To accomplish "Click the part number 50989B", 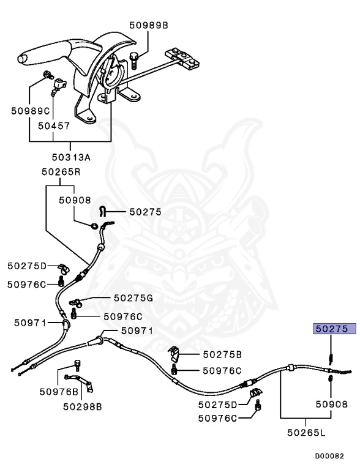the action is click(x=149, y=25).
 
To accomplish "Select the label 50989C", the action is click(x=30, y=111).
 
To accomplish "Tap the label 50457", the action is click(x=54, y=126).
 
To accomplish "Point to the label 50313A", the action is click(x=71, y=157).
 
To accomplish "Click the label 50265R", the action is click(x=61, y=172).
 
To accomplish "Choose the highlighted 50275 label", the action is click(x=334, y=329).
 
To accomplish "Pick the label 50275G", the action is click(x=133, y=298).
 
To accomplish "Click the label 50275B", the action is click(x=222, y=354).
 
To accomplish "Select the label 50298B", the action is click(x=83, y=407).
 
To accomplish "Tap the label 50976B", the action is click(x=59, y=392).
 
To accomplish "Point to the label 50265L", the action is click(x=306, y=433).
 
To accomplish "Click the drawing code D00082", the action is click(x=329, y=456).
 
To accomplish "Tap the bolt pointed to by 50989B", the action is click(x=133, y=61).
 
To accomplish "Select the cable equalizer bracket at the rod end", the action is click(x=182, y=58).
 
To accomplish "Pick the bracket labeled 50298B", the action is click(x=79, y=382).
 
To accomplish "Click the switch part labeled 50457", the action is click(x=59, y=86).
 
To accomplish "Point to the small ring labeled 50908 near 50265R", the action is click(x=94, y=226).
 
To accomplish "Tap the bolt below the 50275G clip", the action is click(x=73, y=314).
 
